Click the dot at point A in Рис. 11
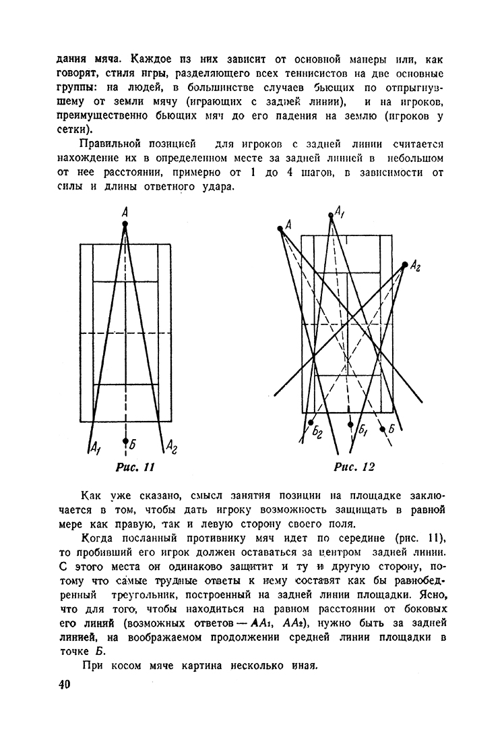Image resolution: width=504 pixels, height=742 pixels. pos(125,223)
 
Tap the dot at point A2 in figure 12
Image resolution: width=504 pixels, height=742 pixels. pos(404,264)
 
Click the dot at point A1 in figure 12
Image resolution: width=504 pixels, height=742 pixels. pos(332,215)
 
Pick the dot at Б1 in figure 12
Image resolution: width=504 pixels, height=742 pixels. pos(350,424)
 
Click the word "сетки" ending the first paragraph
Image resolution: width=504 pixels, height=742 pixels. pos(70,127)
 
